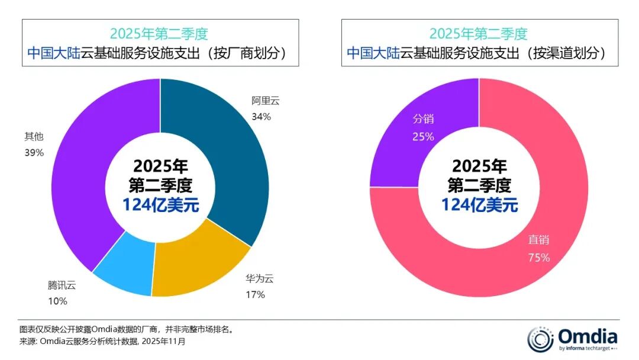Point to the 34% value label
coord(261,117)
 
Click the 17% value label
coord(255,294)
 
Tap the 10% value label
coord(57,301)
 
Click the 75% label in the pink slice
coord(540,258)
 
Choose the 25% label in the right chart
coord(423,137)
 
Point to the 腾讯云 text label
coord(62,285)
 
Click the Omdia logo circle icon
coord(540,339)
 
